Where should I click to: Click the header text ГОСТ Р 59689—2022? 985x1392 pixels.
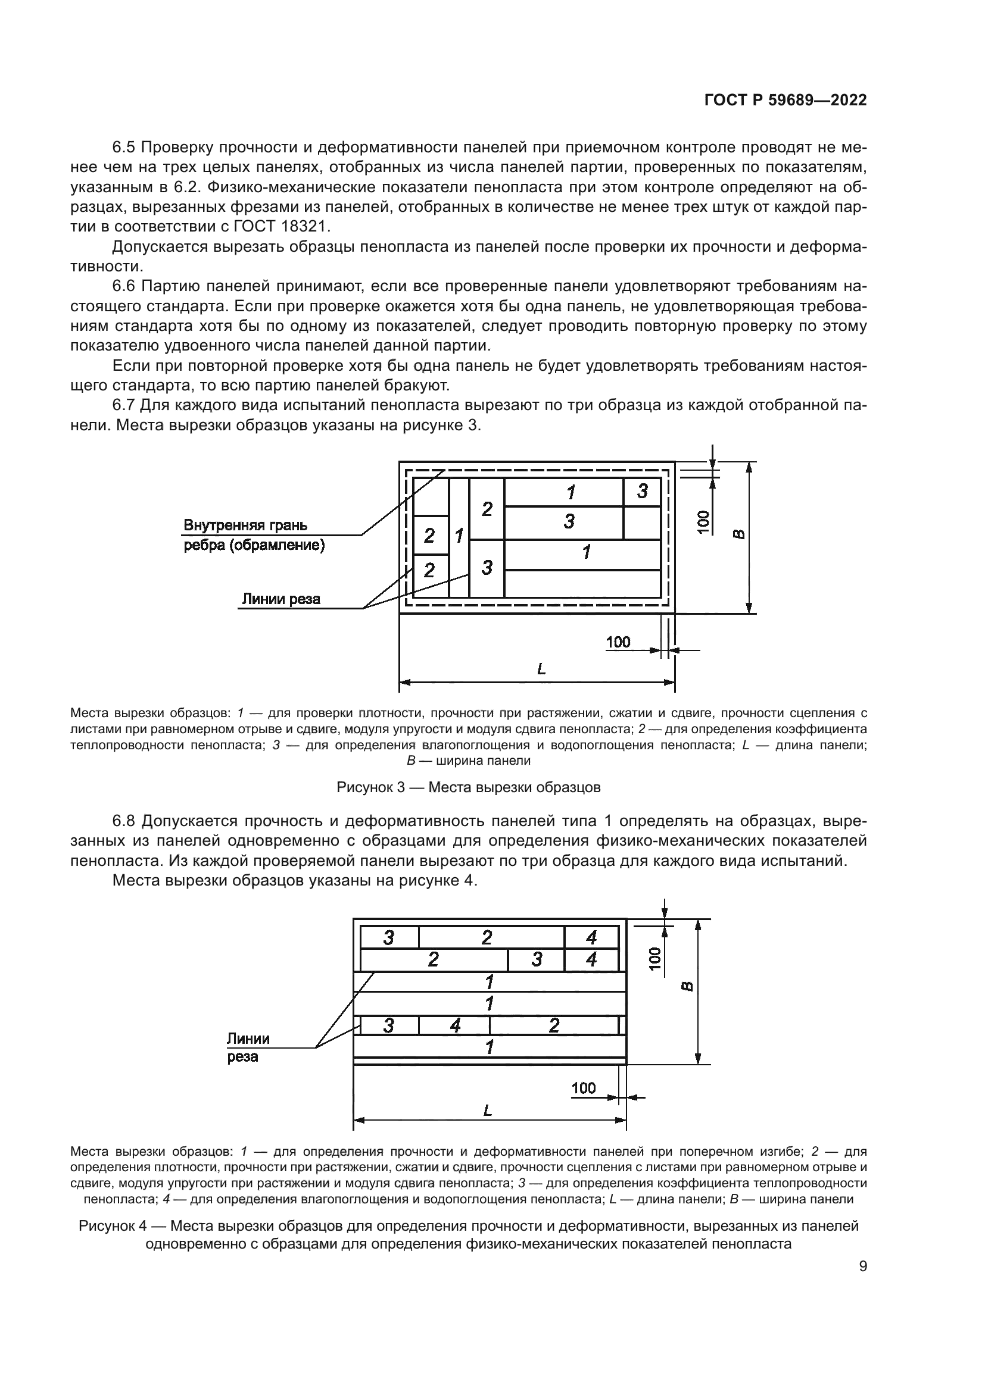(785, 101)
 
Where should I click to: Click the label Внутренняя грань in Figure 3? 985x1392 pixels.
(245, 525)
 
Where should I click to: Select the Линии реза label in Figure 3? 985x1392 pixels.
(281, 599)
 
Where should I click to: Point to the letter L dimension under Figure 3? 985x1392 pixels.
(541, 670)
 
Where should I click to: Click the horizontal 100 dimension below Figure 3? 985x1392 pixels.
(618, 642)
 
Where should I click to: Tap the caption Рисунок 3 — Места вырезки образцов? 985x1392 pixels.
(468, 787)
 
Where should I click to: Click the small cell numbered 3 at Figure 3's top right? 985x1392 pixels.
(643, 491)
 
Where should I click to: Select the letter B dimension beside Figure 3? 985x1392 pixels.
(738, 534)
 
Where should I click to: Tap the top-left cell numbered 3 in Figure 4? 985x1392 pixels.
(389, 938)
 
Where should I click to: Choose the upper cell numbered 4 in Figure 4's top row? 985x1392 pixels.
(591, 938)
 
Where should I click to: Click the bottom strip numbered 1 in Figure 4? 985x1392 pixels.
(489, 1047)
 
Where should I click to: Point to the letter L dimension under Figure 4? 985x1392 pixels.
(487, 1111)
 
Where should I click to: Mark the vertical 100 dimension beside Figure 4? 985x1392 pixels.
(654, 958)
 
